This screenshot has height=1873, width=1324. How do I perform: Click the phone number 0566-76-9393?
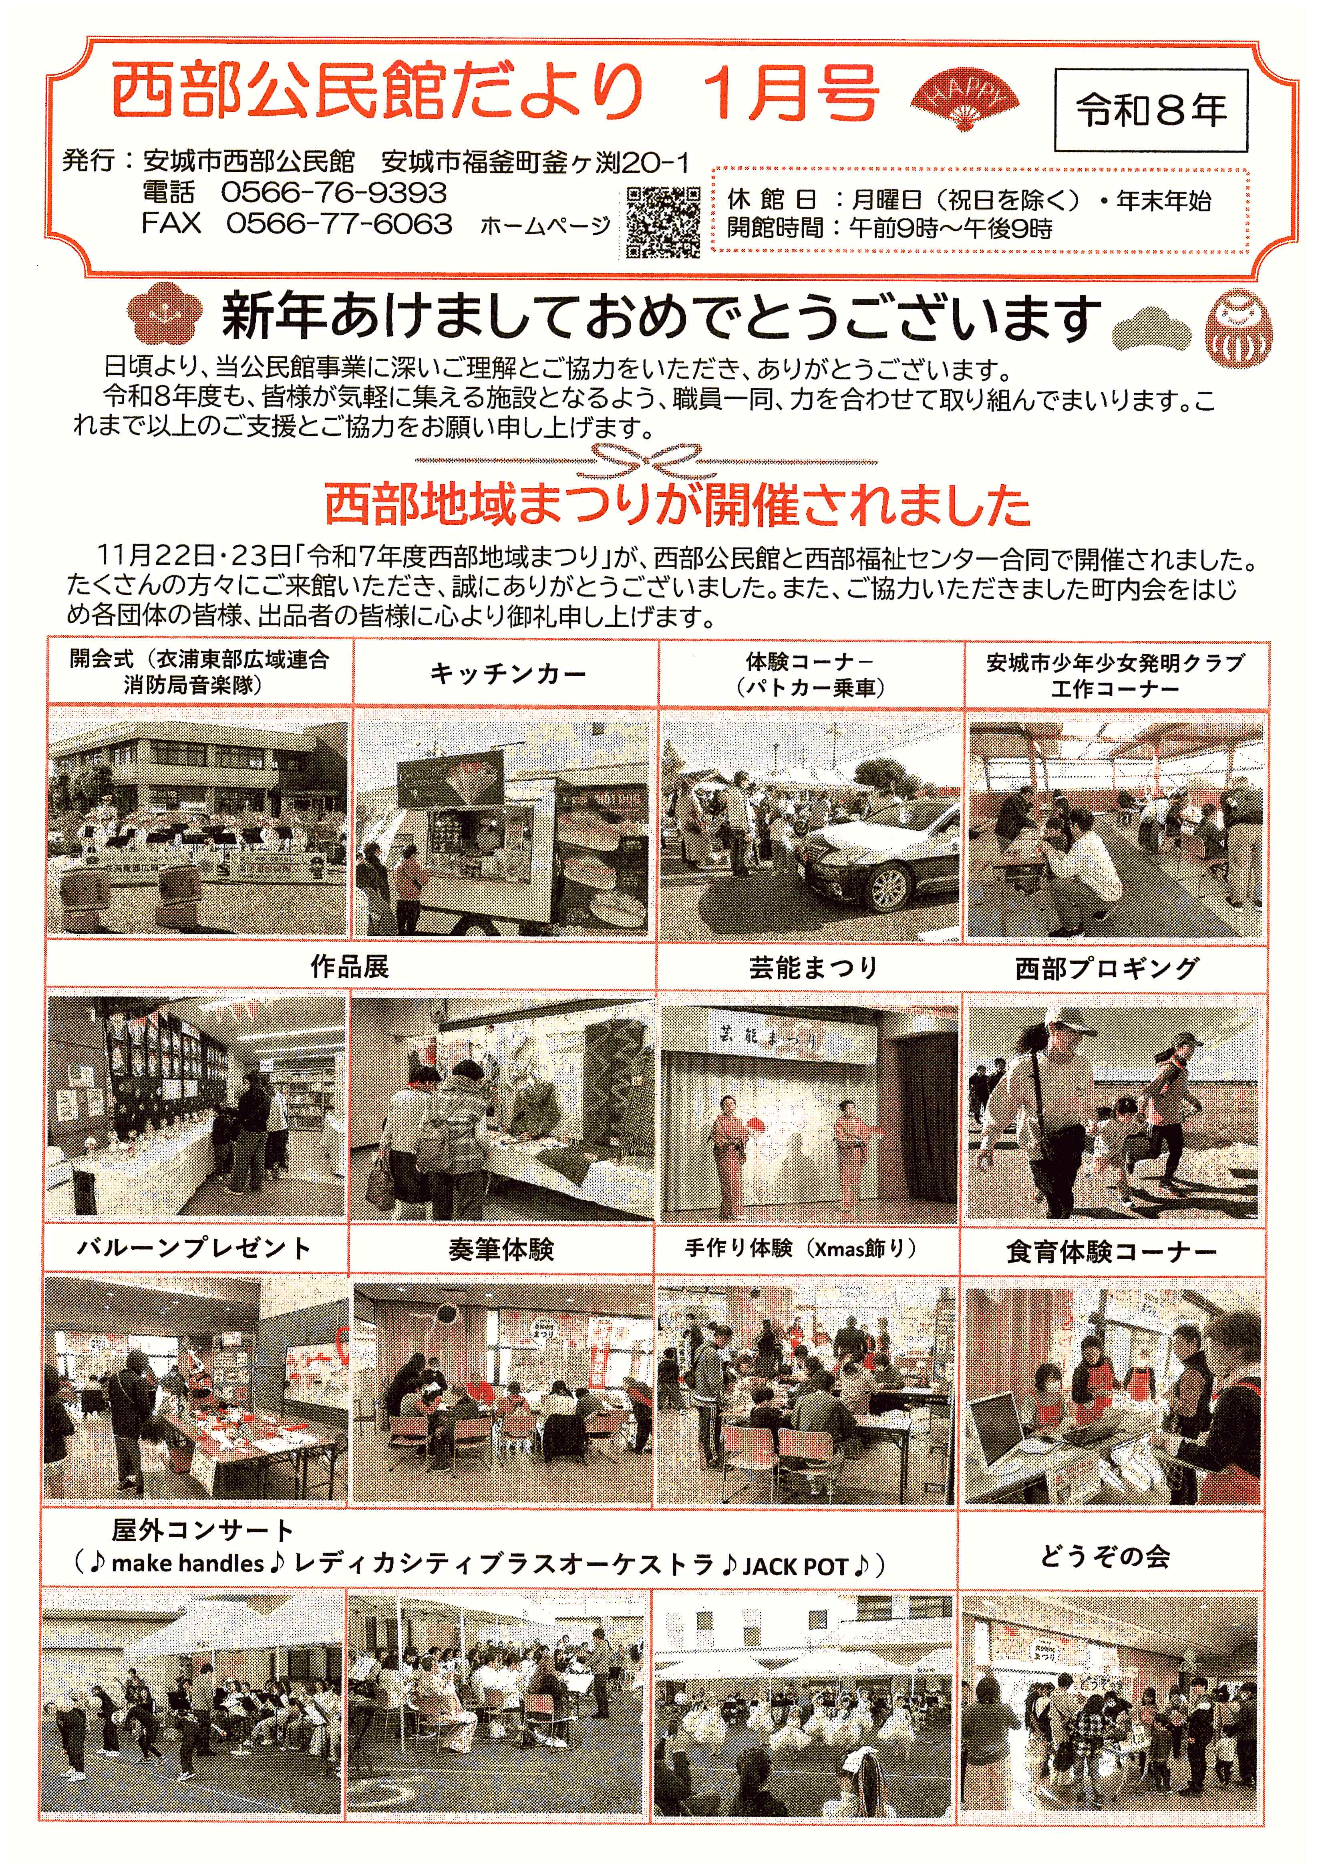click(x=334, y=193)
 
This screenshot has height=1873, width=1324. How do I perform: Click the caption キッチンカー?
click(x=507, y=674)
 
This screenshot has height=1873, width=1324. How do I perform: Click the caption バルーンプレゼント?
click(x=194, y=1248)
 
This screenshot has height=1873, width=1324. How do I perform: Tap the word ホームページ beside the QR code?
click(x=545, y=226)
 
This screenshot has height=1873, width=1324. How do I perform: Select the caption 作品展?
click(x=350, y=967)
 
